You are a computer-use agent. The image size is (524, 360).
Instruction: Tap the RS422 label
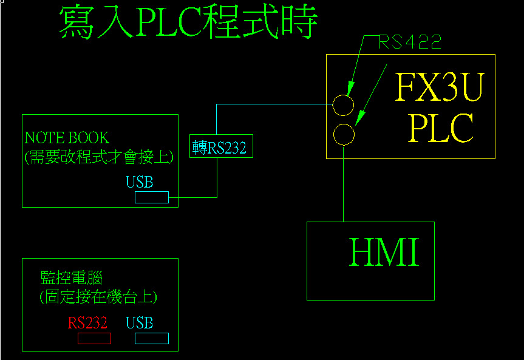[x=410, y=42]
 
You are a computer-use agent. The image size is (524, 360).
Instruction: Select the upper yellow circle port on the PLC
[x=343, y=105]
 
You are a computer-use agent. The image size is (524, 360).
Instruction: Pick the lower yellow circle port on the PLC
[x=344, y=134]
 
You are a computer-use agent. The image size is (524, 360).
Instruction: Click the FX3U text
[x=440, y=88]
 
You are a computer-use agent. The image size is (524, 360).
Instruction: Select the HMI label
[x=384, y=253]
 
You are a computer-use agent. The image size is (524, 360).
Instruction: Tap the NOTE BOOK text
[x=67, y=137]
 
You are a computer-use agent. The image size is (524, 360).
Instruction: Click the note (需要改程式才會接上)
[x=99, y=157]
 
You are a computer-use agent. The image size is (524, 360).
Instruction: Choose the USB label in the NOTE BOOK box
[x=140, y=182]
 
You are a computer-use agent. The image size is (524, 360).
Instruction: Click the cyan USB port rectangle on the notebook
[x=151, y=197]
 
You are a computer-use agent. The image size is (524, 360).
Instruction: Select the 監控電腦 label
[x=71, y=278]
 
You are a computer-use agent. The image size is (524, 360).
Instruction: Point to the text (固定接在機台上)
[x=98, y=297]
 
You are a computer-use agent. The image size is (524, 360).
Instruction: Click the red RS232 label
[x=87, y=323]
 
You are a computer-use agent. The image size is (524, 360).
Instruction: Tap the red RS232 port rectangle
[x=94, y=338]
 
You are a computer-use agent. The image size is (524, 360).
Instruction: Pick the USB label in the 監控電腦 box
[x=140, y=323]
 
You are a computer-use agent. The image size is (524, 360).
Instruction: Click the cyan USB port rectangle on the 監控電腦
[x=151, y=338]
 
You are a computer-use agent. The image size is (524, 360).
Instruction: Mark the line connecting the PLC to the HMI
[x=344, y=188]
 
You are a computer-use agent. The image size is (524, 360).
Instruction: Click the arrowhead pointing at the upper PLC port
[x=350, y=89]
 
